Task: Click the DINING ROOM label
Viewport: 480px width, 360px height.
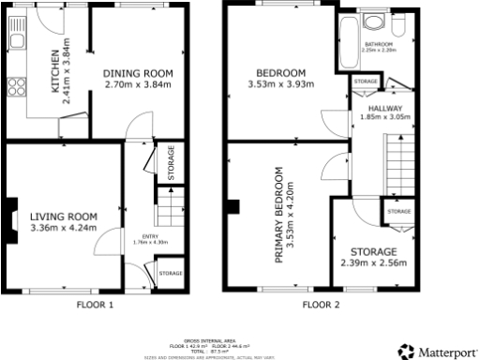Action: point(140,73)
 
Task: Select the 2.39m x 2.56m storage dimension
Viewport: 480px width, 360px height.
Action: point(373,266)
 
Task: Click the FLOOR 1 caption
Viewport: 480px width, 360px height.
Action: point(94,305)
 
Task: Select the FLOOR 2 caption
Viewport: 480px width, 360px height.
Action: point(321,305)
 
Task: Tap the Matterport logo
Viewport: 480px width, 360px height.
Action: point(435,351)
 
